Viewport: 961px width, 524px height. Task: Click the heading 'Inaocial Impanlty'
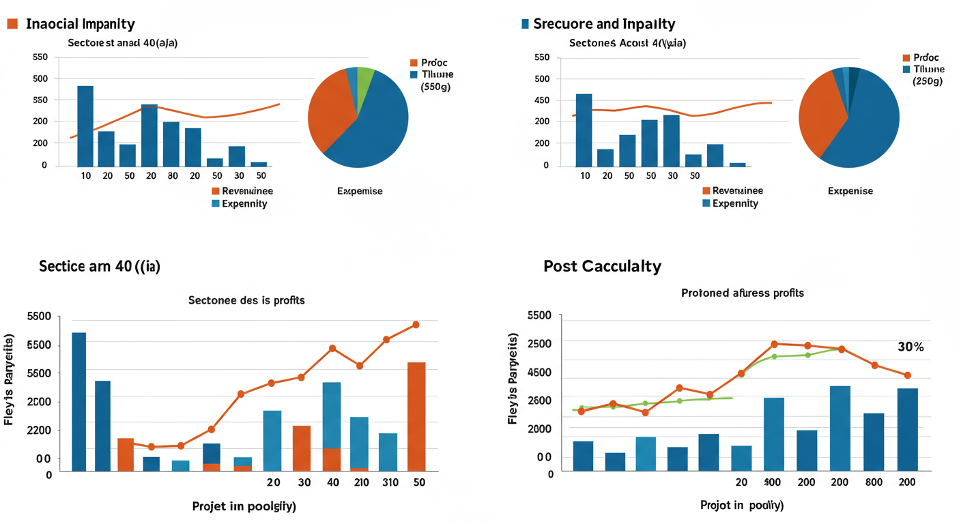point(80,24)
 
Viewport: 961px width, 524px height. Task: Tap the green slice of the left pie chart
point(364,77)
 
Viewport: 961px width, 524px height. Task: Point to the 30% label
point(910,347)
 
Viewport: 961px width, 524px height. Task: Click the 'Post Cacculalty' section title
point(602,266)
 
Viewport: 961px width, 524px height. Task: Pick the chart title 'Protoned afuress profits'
point(743,293)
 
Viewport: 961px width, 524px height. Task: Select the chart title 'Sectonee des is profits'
point(246,300)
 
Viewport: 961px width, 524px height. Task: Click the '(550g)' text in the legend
point(435,87)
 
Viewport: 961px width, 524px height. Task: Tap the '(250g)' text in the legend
point(927,81)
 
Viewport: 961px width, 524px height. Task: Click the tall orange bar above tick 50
point(416,416)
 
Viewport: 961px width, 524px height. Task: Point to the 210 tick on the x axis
point(361,482)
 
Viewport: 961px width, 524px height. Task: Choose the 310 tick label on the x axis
point(390,482)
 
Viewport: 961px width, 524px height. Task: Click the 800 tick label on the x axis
point(873,482)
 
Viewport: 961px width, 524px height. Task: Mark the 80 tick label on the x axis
point(173,175)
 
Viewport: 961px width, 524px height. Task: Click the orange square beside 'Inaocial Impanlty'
point(12,24)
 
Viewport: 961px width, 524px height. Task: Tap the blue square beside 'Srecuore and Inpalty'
point(525,24)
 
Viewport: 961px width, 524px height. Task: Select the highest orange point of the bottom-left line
point(415,325)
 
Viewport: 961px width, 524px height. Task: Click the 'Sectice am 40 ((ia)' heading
point(100,266)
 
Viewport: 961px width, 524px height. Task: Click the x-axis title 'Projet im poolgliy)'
point(244,506)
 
